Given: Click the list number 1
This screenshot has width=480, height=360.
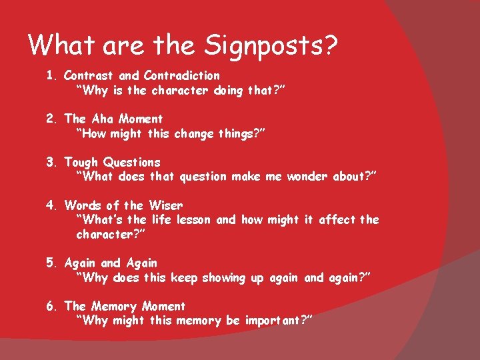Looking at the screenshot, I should tap(51, 76).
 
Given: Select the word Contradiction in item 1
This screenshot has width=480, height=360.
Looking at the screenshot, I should tap(181, 76).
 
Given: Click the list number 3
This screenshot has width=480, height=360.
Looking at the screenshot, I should tap(51, 163).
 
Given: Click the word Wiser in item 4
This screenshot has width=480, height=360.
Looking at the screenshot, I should tap(165, 206).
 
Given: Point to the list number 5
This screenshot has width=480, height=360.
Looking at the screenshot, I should tap(51, 263).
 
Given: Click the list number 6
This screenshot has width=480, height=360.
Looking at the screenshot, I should tap(51, 307).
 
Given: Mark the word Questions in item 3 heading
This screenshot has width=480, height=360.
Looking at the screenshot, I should tap(131, 163).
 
